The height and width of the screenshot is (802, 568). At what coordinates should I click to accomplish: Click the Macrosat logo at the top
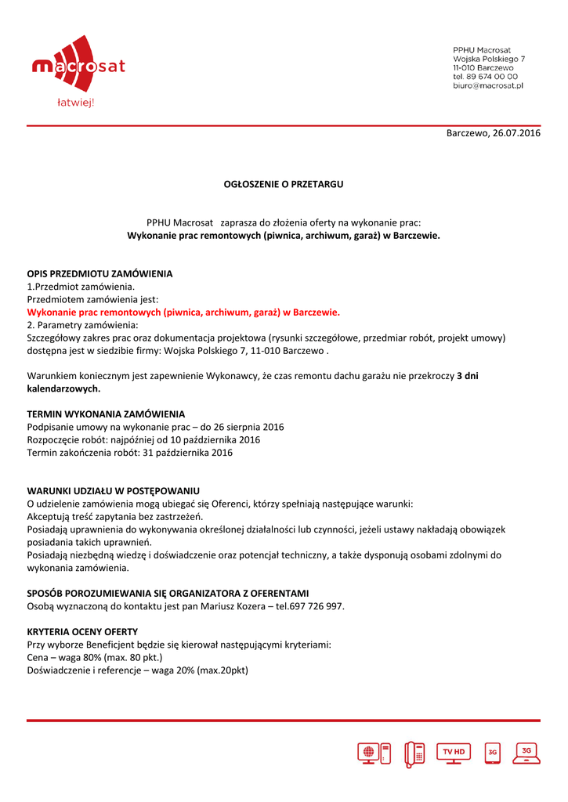click(78, 66)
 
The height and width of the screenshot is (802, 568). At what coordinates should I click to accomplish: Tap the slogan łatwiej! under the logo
click(76, 103)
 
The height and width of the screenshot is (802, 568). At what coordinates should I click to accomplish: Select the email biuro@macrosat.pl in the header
click(487, 85)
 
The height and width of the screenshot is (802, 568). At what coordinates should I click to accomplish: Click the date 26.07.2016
click(516, 134)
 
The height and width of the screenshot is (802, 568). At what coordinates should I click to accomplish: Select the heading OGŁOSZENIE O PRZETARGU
click(284, 184)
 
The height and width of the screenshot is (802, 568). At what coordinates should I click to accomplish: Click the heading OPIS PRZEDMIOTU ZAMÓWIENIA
click(99, 274)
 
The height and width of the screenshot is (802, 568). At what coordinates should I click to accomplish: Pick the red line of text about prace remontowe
click(183, 312)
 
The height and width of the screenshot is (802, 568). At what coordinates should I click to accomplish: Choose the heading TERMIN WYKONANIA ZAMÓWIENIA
click(106, 414)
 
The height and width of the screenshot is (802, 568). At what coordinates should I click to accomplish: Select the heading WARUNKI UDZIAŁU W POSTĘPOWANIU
click(113, 490)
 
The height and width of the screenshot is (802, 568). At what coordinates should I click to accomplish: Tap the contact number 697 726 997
click(317, 606)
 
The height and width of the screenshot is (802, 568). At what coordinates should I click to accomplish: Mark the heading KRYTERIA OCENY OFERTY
click(82, 631)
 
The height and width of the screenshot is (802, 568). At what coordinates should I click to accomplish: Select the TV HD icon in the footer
click(454, 752)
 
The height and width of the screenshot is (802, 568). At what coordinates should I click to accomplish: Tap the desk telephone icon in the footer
click(414, 753)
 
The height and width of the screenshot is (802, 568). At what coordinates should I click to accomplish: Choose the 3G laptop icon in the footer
click(526, 752)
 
